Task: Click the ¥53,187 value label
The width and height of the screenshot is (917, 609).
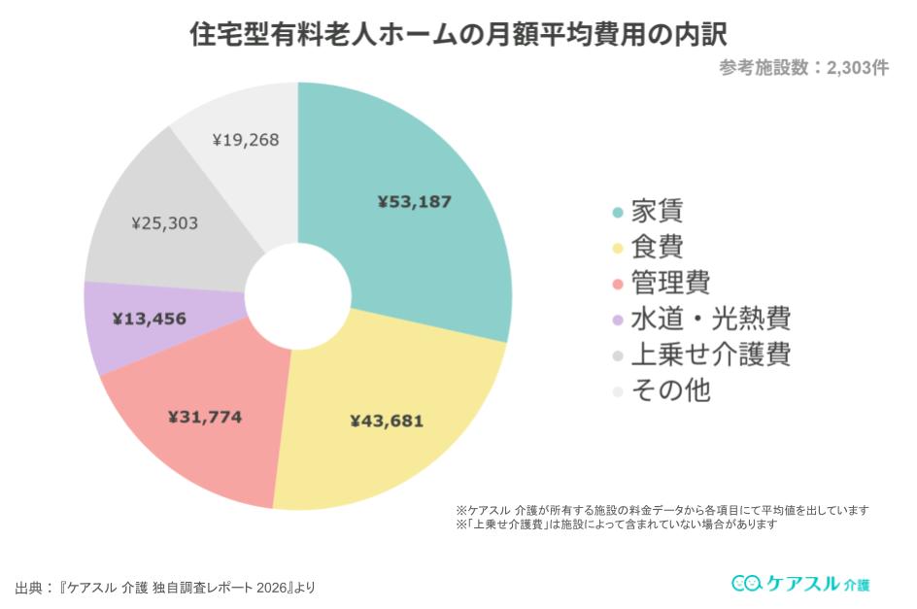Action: [415, 202]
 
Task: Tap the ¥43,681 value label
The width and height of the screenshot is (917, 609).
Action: [387, 422]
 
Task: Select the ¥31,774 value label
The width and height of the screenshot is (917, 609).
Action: [204, 418]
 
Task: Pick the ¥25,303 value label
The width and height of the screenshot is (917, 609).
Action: [164, 223]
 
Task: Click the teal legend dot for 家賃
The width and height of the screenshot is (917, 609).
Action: [617, 212]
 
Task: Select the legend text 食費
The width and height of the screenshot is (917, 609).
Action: [657, 247]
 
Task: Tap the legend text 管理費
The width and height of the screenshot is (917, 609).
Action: [670, 283]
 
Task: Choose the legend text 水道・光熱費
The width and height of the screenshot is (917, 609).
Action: [710, 319]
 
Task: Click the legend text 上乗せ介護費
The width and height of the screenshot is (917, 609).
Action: [710, 355]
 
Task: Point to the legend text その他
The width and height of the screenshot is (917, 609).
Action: [670, 390]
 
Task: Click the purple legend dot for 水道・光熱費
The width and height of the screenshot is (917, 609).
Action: [617, 320]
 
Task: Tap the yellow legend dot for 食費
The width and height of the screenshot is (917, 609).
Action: [617, 248]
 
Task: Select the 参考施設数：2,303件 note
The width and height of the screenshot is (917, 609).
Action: [803, 68]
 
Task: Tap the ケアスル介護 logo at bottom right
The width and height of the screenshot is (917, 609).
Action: [800, 583]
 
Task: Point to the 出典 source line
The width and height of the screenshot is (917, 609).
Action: [165, 588]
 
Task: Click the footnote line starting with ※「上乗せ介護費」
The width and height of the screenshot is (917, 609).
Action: [616, 524]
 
